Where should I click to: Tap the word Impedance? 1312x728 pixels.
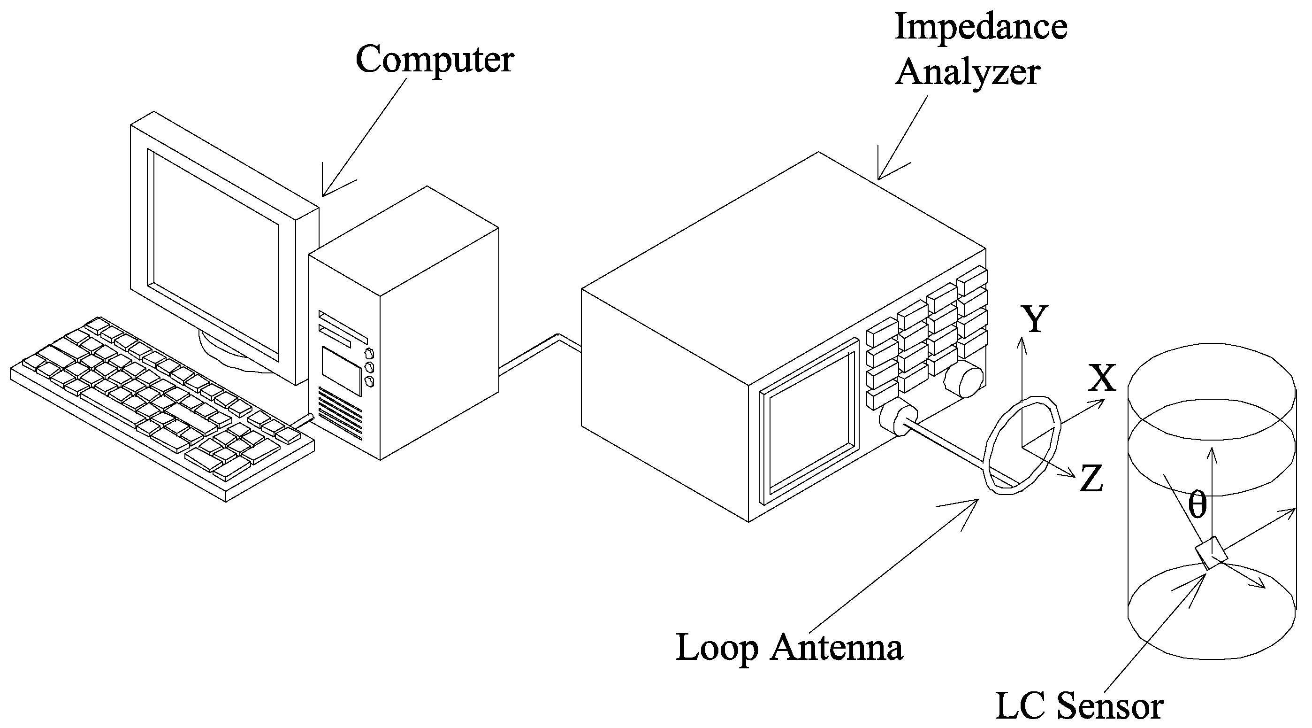[980, 26]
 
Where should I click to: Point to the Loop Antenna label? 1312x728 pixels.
[789, 649]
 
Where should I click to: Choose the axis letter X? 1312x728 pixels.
[1102, 378]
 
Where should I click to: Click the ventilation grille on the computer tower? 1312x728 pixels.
[340, 413]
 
